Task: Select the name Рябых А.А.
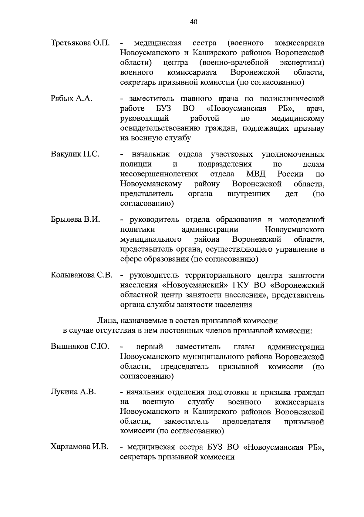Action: tap(71, 99)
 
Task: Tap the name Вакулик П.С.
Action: tap(75, 154)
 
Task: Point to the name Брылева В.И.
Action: tap(75, 219)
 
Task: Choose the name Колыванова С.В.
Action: tap(82, 275)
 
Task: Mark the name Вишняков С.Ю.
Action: tap(80, 347)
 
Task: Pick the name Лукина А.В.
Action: tap(73, 392)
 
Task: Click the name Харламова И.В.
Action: tap(79, 447)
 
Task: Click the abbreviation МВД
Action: tap(256, 174)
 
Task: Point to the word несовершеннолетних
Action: tap(159, 174)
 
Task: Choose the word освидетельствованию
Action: tap(160, 128)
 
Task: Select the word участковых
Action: tap(232, 154)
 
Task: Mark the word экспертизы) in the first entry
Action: tap(302, 63)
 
